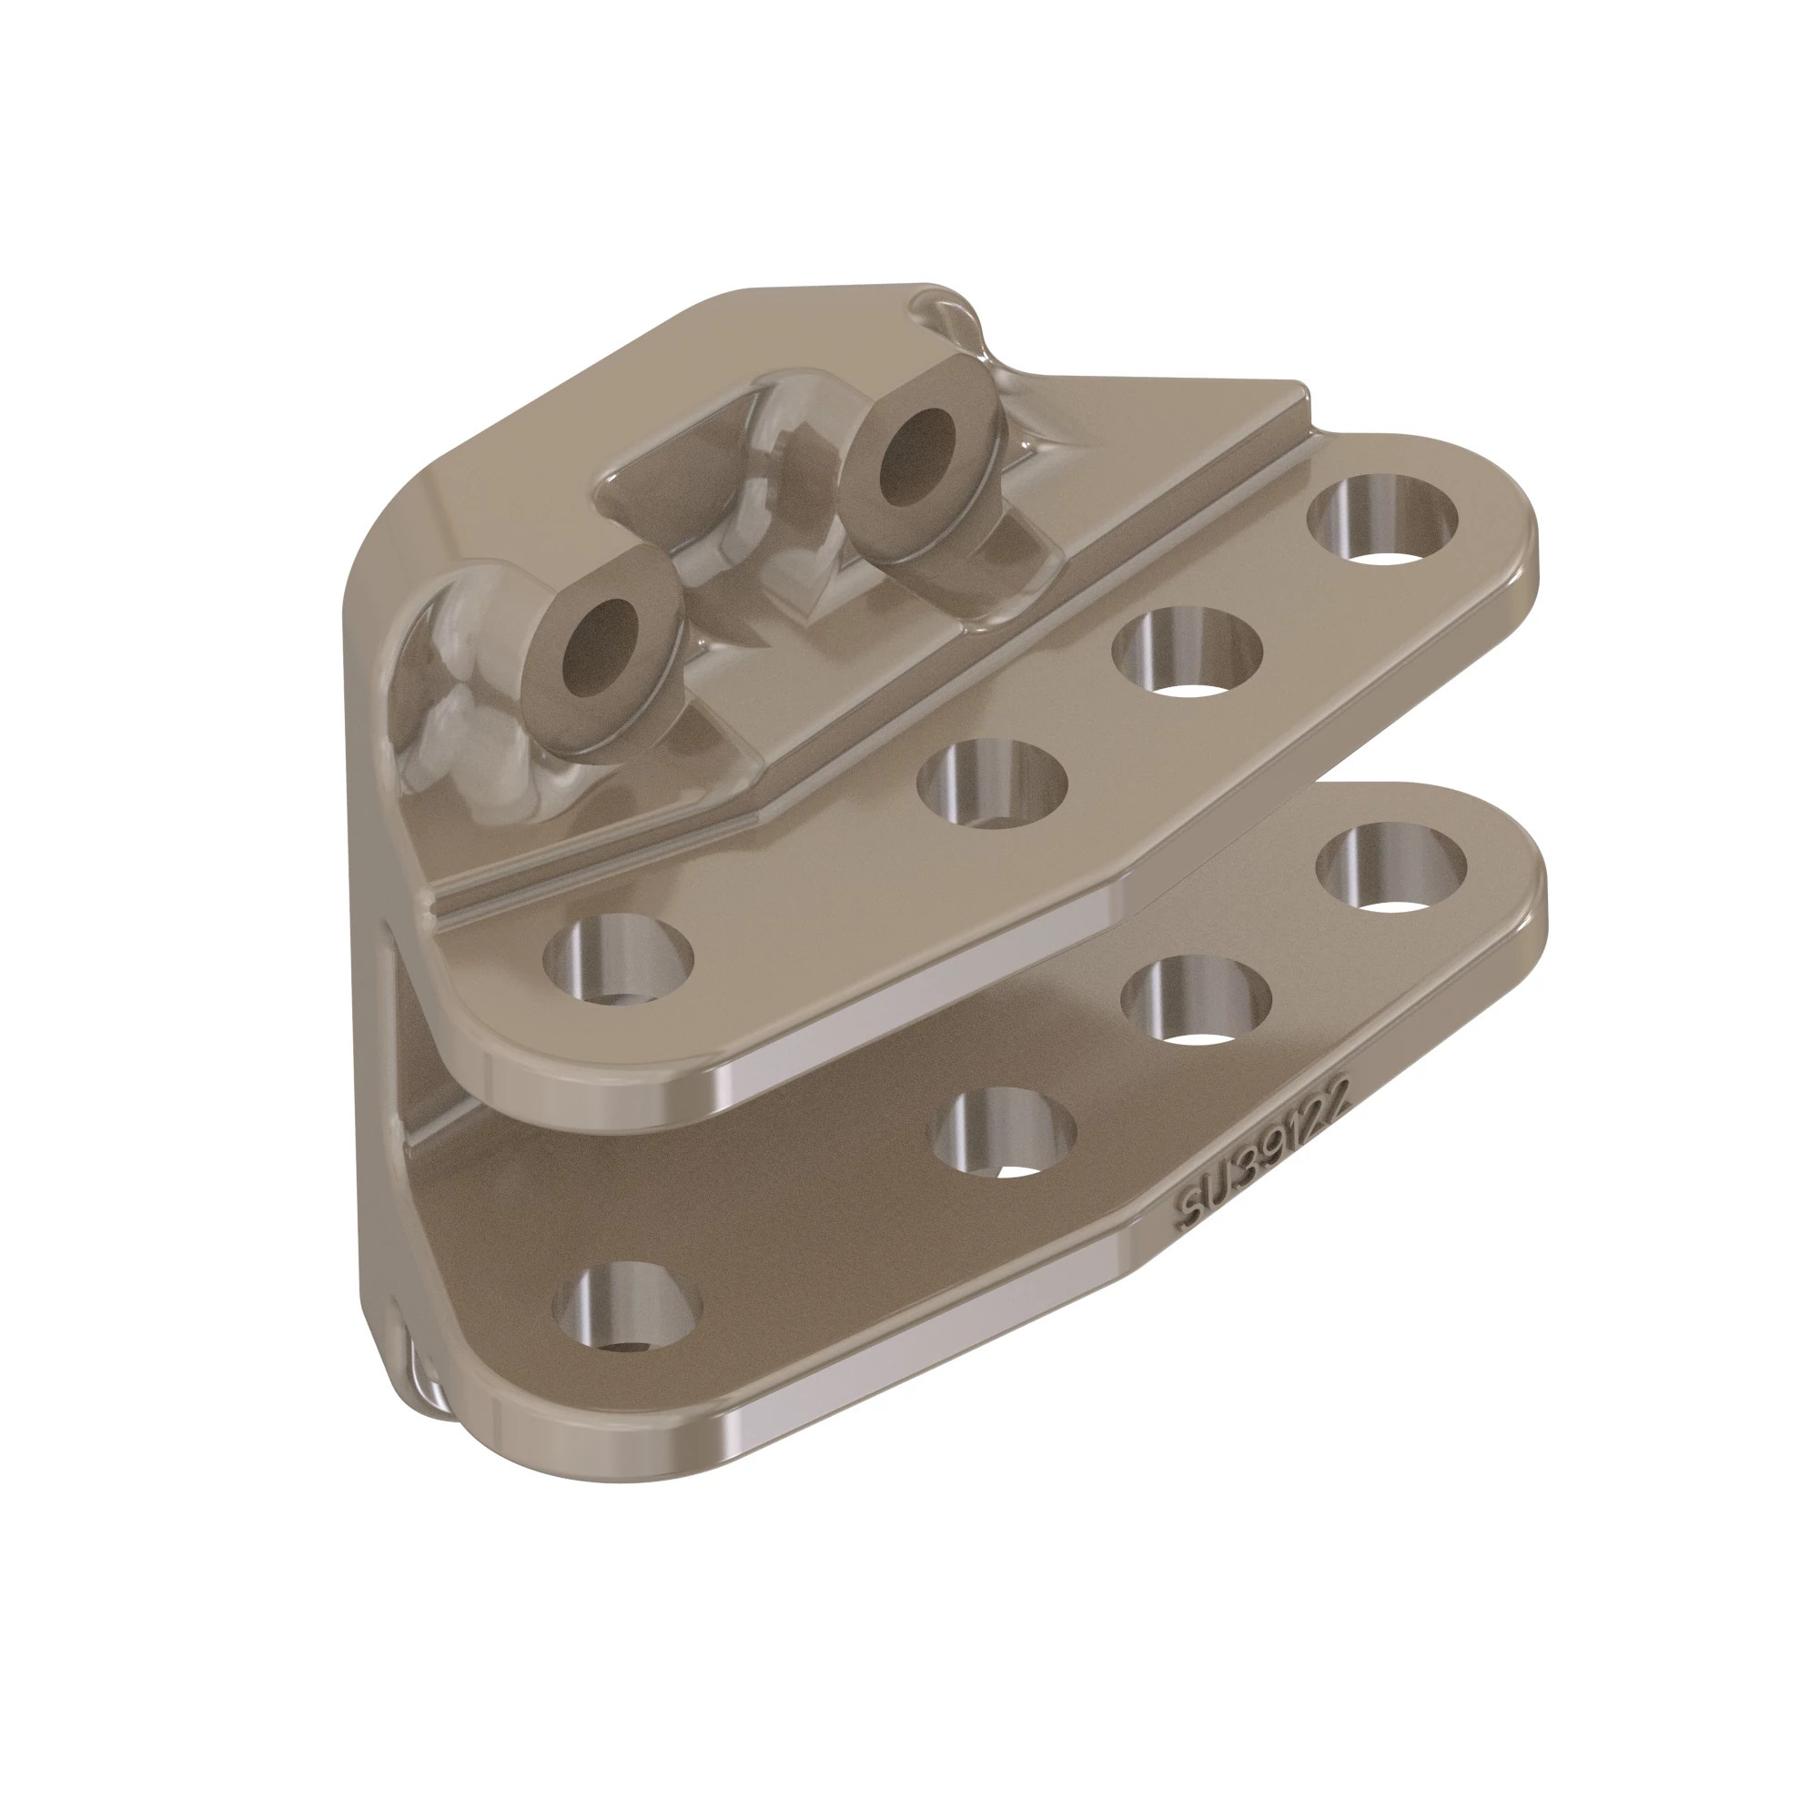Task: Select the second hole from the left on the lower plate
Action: click(1001, 1132)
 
